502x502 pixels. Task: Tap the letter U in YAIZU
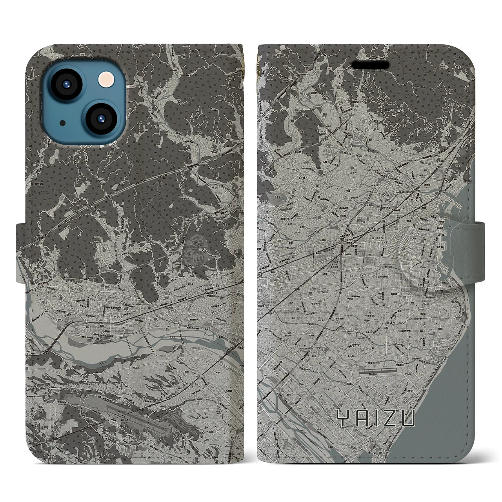point(408,418)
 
